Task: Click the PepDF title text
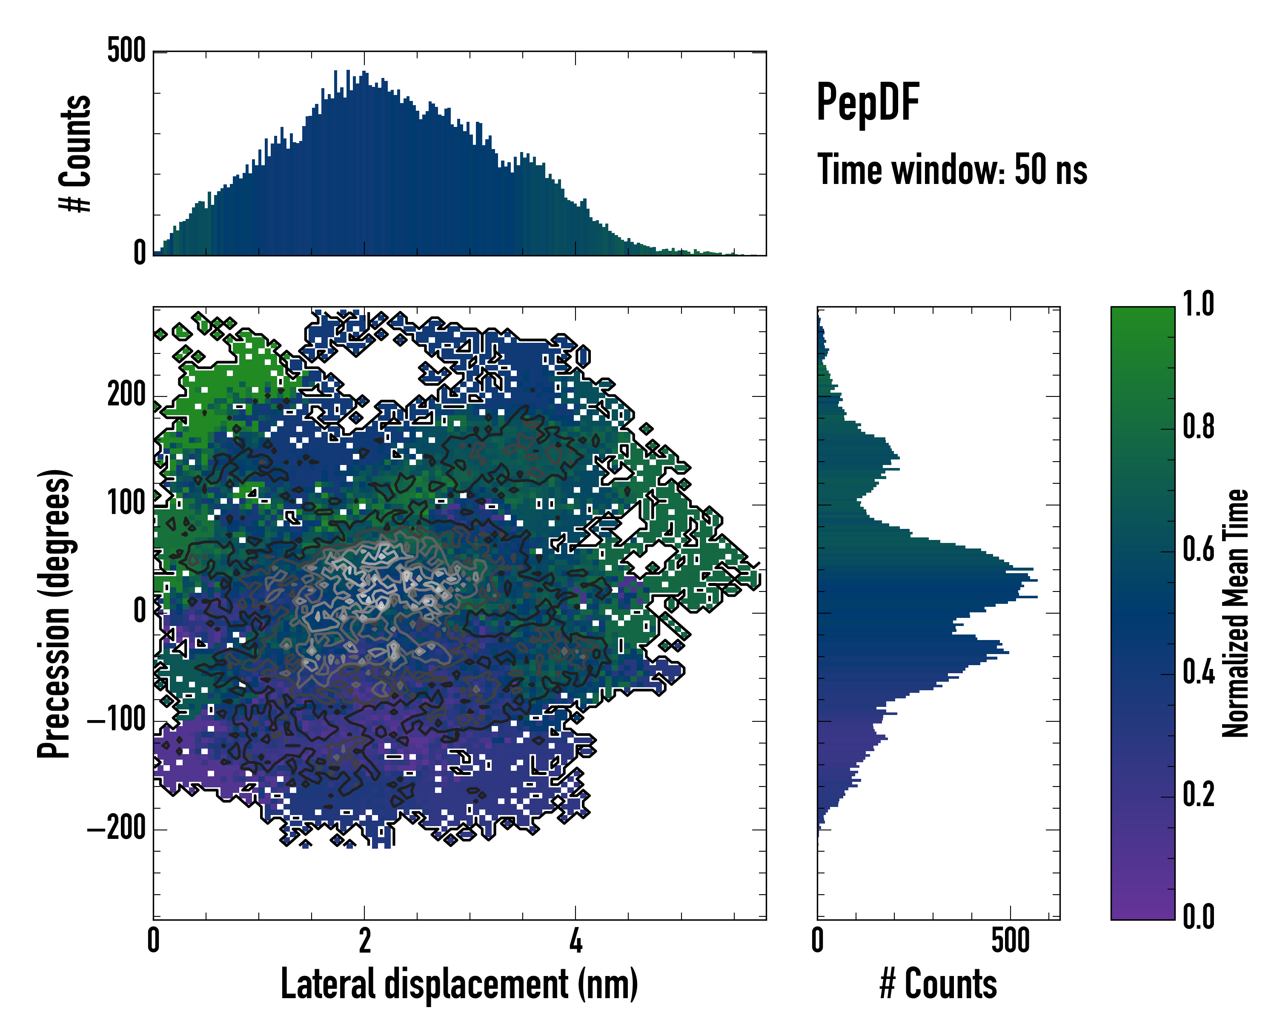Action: (868, 103)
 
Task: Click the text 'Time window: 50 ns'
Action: (952, 170)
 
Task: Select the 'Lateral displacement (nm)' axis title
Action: (459, 984)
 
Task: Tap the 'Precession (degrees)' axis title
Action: (54, 613)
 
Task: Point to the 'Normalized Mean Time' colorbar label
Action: (1236, 613)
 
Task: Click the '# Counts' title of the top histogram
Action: (76, 153)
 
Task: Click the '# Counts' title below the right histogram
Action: (938, 984)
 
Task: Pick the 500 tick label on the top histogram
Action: (126, 51)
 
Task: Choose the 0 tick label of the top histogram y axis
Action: (140, 253)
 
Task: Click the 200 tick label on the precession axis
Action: (126, 395)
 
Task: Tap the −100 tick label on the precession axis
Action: (116, 721)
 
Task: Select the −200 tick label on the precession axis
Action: (116, 829)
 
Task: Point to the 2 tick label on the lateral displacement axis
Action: (364, 941)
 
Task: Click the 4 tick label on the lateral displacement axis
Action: (576, 941)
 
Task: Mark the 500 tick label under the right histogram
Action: (1011, 941)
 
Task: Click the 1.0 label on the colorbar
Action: (1198, 304)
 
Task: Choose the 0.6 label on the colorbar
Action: (1198, 550)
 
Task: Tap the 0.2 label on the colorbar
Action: (1198, 795)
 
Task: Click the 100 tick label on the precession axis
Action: (126, 504)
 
